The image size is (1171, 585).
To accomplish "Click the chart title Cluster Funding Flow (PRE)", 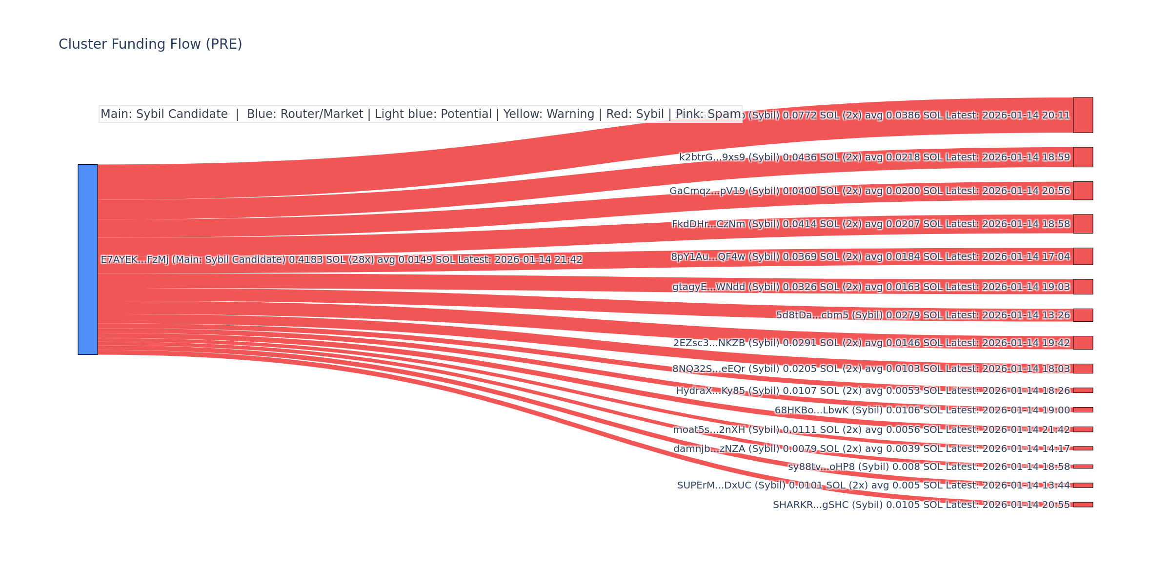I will (x=150, y=44).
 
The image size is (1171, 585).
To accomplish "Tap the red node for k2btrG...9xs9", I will (x=1083, y=157).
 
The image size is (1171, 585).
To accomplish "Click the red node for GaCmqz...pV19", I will (x=1083, y=191).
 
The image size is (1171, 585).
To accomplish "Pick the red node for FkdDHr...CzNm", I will (x=1083, y=224).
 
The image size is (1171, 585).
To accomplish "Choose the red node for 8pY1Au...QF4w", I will (x=1083, y=256).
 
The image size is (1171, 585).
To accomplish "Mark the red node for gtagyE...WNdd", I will (x=1083, y=287).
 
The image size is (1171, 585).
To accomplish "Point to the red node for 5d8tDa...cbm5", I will (x=1083, y=315).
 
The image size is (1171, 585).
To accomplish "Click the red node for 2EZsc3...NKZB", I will (x=1083, y=343).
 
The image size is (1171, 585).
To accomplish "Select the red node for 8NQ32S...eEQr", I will (x=1083, y=369).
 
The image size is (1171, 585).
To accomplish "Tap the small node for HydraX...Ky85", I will (x=1083, y=390).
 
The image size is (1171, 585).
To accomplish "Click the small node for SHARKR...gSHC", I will (x=1083, y=505).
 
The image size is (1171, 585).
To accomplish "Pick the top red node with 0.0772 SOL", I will (x=1083, y=115).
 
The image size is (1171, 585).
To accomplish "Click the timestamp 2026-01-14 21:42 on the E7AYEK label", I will (x=538, y=260).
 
